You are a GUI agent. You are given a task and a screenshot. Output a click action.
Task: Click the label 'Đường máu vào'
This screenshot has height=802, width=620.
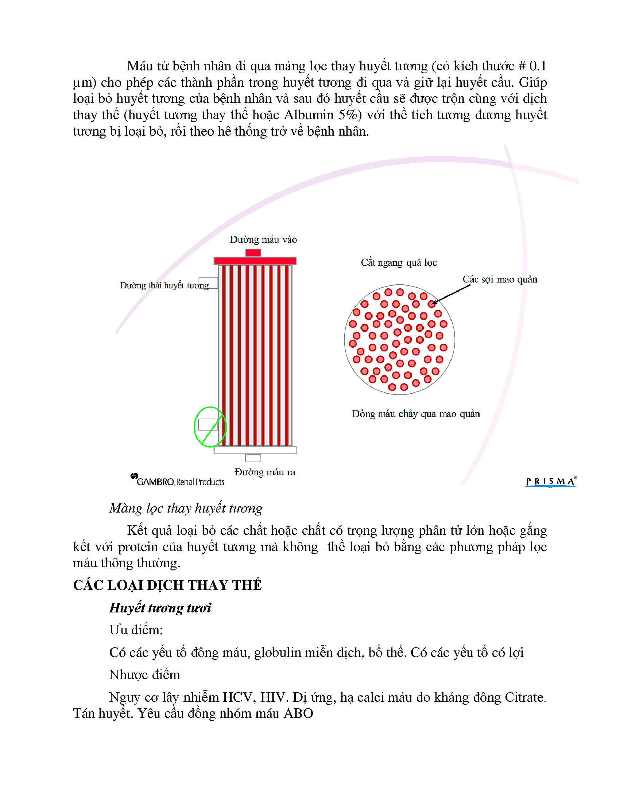(x=263, y=240)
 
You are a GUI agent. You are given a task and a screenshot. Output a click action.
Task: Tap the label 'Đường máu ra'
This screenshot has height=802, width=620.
(x=264, y=472)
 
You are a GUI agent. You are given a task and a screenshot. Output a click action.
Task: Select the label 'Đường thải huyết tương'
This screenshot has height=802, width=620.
(x=164, y=285)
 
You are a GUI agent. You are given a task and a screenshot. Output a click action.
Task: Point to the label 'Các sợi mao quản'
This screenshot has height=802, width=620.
(x=500, y=280)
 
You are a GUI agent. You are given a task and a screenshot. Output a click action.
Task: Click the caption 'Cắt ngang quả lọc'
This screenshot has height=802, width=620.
(x=399, y=262)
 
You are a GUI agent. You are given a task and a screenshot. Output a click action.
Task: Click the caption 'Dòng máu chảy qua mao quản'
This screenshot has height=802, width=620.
(x=415, y=414)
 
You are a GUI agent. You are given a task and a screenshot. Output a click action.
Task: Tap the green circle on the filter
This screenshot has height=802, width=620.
(x=210, y=427)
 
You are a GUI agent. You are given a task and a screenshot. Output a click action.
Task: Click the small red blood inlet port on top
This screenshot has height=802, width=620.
(x=253, y=253)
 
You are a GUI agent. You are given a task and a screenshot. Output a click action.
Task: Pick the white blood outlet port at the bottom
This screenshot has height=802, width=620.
(x=253, y=458)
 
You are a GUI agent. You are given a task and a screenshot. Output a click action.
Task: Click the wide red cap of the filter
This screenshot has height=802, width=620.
(x=255, y=261)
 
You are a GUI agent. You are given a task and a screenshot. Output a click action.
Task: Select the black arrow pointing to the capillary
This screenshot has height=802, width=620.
(x=451, y=295)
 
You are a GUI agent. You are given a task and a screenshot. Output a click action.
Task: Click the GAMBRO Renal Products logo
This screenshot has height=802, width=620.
(x=178, y=481)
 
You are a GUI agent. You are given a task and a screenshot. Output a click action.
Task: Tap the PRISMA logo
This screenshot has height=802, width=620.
(x=550, y=482)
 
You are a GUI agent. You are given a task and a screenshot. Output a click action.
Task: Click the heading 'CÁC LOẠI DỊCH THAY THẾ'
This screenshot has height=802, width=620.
(x=167, y=585)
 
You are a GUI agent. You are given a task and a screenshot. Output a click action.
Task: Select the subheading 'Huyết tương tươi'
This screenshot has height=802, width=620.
(x=160, y=608)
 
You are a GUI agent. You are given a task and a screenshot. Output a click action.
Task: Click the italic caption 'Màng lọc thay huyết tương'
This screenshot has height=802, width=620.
(x=186, y=508)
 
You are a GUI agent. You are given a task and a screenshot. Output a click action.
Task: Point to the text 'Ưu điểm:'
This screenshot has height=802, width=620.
(x=136, y=630)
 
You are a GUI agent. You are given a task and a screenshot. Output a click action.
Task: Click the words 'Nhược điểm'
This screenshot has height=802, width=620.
(x=145, y=675)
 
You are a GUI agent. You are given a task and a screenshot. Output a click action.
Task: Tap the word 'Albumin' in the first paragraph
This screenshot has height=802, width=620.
(x=309, y=115)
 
